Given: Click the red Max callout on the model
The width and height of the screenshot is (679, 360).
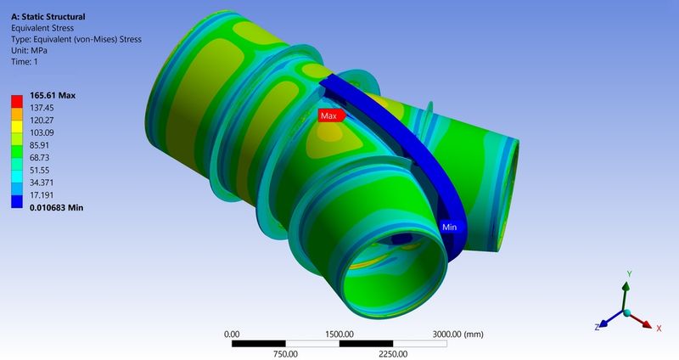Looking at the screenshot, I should coord(329,115).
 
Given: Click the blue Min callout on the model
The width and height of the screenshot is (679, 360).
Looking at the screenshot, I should coord(449,228).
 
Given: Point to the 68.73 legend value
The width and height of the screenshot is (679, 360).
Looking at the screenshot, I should coord(42,158).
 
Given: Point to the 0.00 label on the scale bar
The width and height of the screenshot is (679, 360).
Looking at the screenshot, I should coord(230,334).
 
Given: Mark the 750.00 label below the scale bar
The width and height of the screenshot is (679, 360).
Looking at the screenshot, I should coord(284,354).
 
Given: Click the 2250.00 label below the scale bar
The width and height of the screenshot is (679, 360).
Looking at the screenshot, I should coord(392,354).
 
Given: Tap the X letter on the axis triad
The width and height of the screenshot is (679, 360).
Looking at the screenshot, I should coord(659,328).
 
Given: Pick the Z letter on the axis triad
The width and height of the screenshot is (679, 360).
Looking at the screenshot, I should coord(598,327).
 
